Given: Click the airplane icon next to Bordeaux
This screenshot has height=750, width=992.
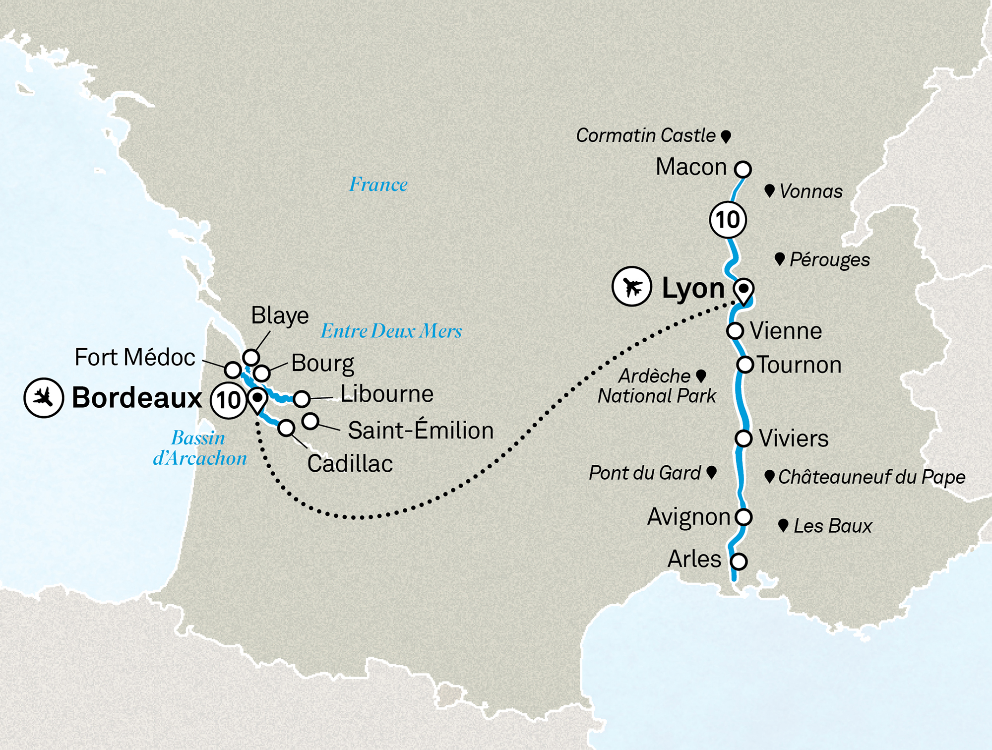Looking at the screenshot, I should (44, 398).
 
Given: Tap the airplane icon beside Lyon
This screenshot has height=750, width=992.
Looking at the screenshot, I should (631, 286).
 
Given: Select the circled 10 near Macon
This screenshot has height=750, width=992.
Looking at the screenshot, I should (728, 220).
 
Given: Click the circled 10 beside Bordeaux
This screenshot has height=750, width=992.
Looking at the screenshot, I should (229, 400).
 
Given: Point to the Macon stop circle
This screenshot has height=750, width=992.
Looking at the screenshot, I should (743, 169).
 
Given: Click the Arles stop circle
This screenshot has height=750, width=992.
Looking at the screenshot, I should (739, 562).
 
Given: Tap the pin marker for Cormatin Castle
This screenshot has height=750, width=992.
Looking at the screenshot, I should (726, 136).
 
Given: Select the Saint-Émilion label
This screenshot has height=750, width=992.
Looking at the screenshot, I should (421, 430).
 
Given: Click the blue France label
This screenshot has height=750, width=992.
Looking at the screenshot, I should (378, 185).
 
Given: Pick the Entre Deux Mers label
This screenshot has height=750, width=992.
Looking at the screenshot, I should (391, 331).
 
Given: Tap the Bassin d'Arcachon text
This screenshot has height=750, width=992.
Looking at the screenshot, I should (199, 448).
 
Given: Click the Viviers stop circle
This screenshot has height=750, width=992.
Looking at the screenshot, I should (743, 438).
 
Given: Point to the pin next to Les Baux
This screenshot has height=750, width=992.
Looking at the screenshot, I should (783, 525).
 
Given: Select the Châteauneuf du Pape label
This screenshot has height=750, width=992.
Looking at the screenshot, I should (871, 477).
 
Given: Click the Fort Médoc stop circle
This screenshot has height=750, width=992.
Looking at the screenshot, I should (233, 370).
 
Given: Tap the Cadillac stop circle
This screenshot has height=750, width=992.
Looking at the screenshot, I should (286, 428).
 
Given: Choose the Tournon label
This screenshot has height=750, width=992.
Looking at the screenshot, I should (799, 365).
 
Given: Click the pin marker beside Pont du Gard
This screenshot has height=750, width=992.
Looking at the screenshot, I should (711, 472).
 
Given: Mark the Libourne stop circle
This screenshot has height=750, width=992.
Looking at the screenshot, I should (302, 398).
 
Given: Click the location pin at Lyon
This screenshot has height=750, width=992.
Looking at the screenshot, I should (744, 291).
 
